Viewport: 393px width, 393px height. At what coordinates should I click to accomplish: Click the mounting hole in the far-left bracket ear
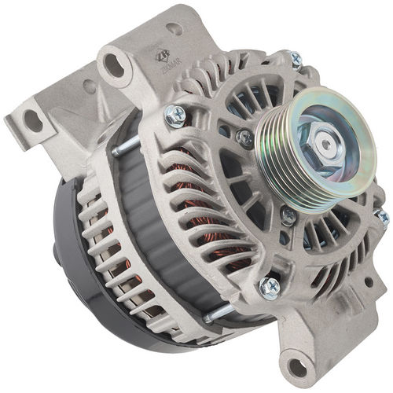(32, 121)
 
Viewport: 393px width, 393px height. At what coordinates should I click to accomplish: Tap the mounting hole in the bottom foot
(298, 365)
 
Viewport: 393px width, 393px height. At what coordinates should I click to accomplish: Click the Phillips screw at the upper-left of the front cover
(175, 116)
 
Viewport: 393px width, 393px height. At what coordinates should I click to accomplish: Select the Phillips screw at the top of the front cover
(296, 58)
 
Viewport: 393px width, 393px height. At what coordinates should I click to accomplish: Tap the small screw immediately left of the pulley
(245, 138)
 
